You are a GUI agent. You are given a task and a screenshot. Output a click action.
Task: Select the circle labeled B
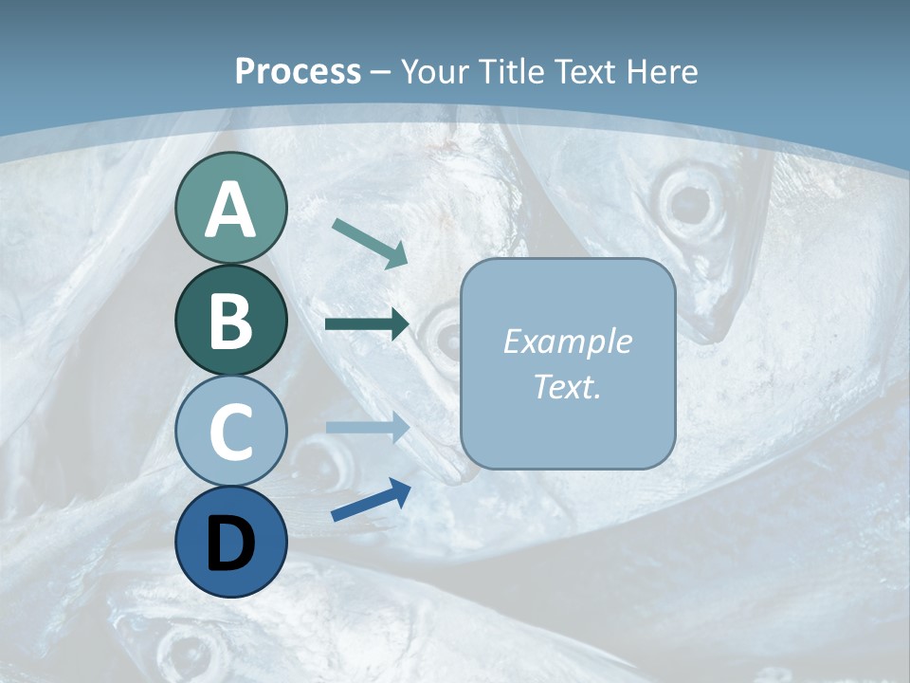[x=231, y=321]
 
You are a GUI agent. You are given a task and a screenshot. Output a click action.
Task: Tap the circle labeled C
[x=231, y=432]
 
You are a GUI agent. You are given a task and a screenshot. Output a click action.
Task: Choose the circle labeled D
[x=231, y=543]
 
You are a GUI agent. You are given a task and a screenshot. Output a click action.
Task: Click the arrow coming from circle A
[x=370, y=243]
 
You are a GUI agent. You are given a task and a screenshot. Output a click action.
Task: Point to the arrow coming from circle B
[x=367, y=324]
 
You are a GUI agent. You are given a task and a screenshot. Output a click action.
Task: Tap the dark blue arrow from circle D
[x=371, y=501]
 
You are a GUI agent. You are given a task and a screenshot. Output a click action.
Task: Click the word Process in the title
[x=298, y=71]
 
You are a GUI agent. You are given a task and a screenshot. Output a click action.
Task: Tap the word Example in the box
[x=568, y=341]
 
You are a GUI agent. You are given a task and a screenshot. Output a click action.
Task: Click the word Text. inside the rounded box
[x=568, y=386]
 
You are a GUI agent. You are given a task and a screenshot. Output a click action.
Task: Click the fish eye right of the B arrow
[x=442, y=335]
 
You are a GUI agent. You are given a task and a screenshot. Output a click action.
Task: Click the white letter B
[x=231, y=321]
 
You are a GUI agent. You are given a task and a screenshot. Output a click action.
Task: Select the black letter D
[x=231, y=543]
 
